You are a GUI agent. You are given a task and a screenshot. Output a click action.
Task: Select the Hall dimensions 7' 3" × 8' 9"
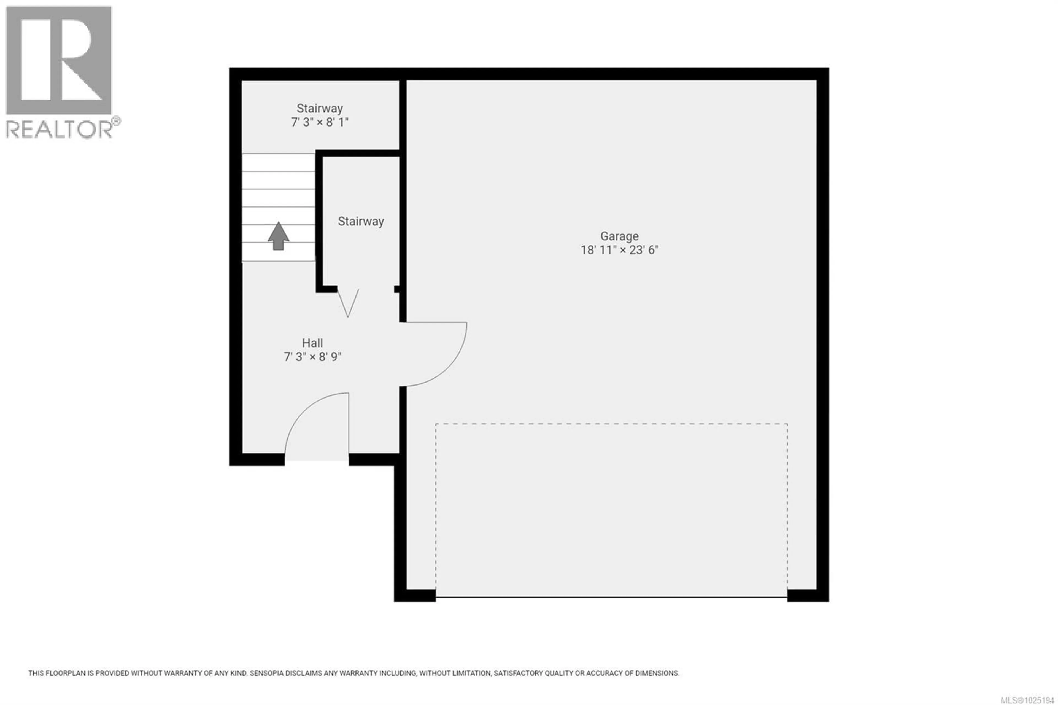[x=312, y=357]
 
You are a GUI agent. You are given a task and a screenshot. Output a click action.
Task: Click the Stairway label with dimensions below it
[x=320, y=108]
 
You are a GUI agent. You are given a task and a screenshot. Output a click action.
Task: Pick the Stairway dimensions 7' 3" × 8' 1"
[x=320, y=122]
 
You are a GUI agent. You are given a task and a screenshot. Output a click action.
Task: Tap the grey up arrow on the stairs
[x=278, y=236]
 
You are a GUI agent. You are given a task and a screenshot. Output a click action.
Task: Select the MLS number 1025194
[x=1030, y=700]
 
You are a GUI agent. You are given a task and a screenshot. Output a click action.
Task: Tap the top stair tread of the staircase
[x=278, y=162]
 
